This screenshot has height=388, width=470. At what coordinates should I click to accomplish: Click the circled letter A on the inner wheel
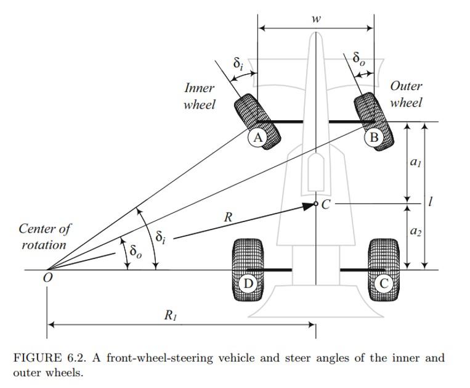click(x=257, y=138)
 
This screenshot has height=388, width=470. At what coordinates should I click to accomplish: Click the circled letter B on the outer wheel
click(x=373, y=137)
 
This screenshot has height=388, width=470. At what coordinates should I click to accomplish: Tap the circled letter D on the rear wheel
click(x=248, y=284)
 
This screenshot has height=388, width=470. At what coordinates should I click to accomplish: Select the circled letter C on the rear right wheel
click(x=384, y=284)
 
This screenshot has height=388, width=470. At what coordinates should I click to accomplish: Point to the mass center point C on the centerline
click(x=316, y=204)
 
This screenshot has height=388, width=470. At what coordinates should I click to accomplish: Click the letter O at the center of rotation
click(x=47, y=278)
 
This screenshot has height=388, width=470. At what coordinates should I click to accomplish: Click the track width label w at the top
click(x=316, y=19)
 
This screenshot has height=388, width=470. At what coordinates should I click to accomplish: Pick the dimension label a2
click(x=416, y=231)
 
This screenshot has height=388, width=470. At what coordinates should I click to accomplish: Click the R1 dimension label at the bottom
click(x=171, y=315)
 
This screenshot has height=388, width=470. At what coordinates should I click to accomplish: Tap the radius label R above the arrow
click(x=228, y=217)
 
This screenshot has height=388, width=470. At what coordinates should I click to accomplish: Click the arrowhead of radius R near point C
click(x=310, y=206)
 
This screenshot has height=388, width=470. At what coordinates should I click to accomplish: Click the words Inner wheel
click(x=199, y=96)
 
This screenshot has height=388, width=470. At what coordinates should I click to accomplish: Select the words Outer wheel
click(x=406, y=94)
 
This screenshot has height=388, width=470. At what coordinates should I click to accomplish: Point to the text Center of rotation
click(x=44, y=236)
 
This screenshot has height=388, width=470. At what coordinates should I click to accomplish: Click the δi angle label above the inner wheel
click(x=238, y=63)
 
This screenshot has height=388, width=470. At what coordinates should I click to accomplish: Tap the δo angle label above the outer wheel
click(x=359, y=59)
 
